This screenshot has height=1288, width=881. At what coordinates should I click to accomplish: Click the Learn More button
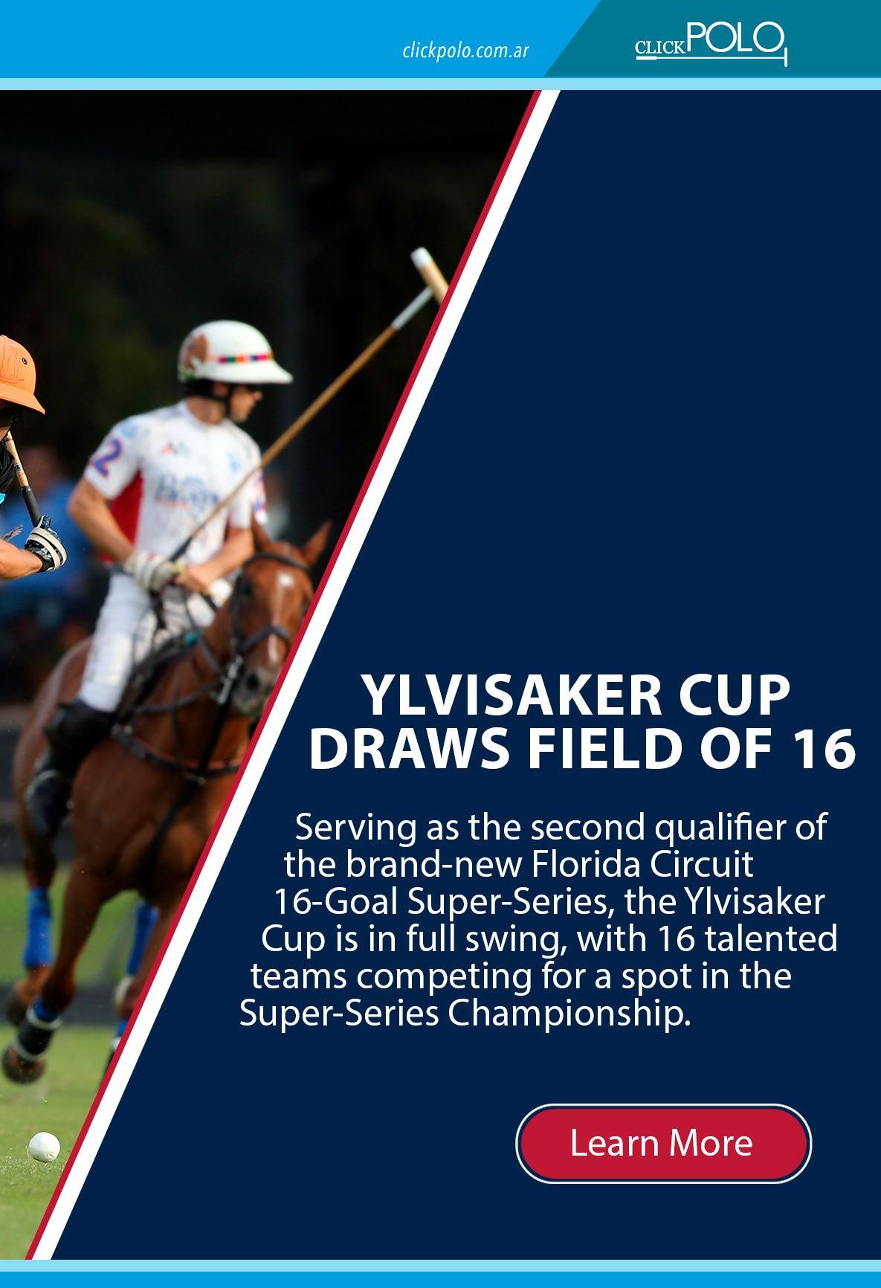click(663, 1144)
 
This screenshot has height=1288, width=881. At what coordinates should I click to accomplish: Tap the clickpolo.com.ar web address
click(465, 51)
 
